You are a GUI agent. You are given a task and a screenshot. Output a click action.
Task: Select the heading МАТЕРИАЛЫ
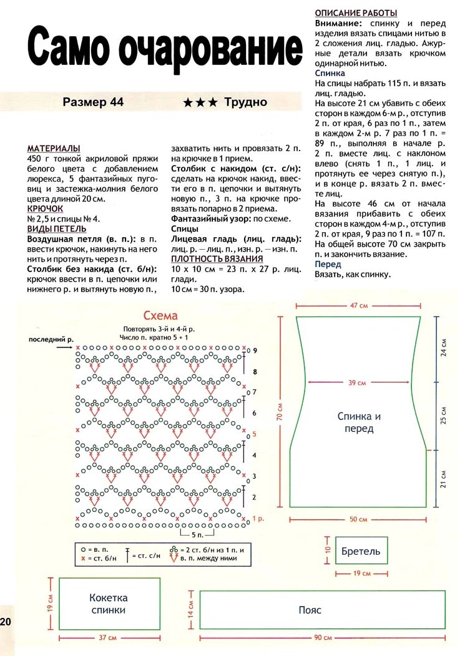(54, 149)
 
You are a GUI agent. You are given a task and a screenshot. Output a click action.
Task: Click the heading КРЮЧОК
(45, 208)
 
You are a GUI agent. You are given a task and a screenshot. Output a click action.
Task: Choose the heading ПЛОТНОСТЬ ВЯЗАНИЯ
(217, 259)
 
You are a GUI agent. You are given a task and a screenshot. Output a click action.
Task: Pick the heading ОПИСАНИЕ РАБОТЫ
(356, 13)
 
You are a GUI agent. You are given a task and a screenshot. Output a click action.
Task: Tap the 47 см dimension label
(358, 306)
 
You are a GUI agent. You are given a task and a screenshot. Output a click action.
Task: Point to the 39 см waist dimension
(358, 383)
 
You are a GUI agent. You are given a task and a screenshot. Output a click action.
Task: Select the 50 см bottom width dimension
(358, 519)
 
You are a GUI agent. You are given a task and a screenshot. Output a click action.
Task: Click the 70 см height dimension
(281, 411)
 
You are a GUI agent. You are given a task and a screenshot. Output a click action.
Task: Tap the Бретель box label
(361, 552)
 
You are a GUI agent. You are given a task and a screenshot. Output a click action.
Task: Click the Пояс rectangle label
(310, 609)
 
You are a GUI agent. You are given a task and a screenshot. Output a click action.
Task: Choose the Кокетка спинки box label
(108, 604)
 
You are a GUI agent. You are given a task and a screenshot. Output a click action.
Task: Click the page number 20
(6, 622)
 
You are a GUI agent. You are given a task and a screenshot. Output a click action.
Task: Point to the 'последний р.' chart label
(47, 339)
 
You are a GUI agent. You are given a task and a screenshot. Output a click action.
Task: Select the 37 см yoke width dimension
(108, 638)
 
